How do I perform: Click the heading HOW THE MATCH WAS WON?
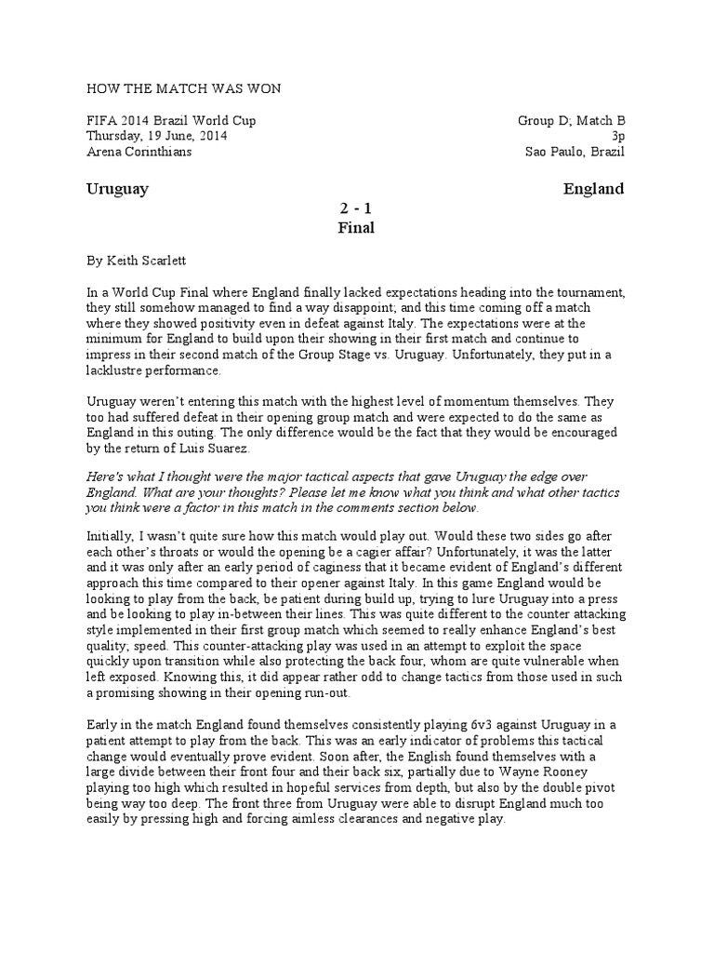point(182,88)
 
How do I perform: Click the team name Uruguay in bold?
point(117,189)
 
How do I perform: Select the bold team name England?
point(593,189)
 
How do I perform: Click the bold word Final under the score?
point(356,228)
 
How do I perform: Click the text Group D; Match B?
point(571,121)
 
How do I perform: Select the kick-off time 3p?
point(617,136)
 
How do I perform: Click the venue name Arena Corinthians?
point(139,152)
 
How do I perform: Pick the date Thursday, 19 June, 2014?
point(157,136)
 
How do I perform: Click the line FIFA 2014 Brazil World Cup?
point(171,121)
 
